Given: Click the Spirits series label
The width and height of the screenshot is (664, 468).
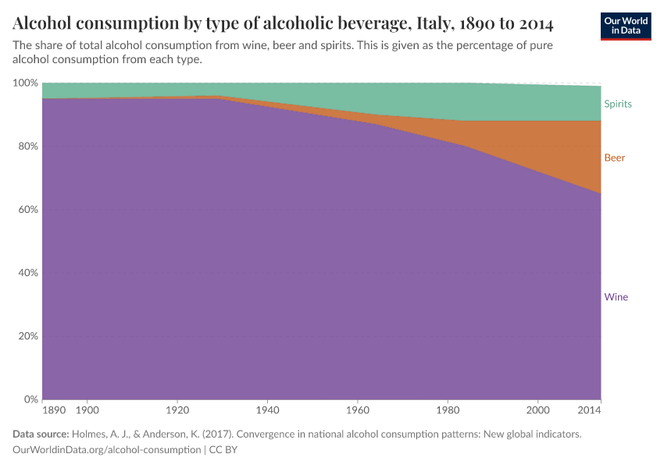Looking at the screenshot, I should coord(617,104).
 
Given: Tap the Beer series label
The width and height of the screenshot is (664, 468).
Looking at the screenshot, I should coord(614,158).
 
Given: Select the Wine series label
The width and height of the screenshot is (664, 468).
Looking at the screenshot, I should coord(616,296).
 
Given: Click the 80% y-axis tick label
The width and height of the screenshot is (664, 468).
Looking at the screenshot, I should coord(28,147).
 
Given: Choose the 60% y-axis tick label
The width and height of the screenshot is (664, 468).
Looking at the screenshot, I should coord(28,210).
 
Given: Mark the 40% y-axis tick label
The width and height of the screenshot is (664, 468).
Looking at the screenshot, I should coord(28,273).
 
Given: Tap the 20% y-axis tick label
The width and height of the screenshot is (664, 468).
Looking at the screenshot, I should coord(28,336).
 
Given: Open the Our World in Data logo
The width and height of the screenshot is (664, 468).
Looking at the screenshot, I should coord(626,26).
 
